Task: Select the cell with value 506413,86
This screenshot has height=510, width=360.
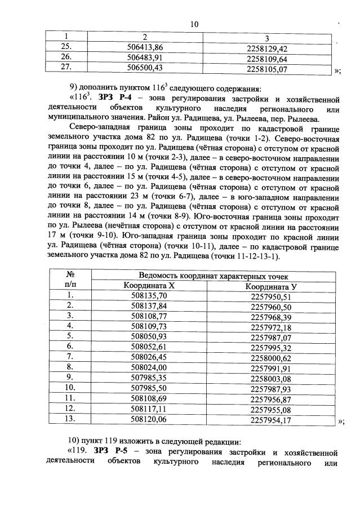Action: [x=149, y=48]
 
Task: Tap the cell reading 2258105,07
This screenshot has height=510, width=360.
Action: [x=267, y=69]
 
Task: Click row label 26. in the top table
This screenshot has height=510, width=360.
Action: [x=66, y=58]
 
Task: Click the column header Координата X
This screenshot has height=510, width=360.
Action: [x=149, y=286]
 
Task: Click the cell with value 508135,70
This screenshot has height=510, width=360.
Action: [x=149, y=296]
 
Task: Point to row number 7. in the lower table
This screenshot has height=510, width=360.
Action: [x=70, y=356]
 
